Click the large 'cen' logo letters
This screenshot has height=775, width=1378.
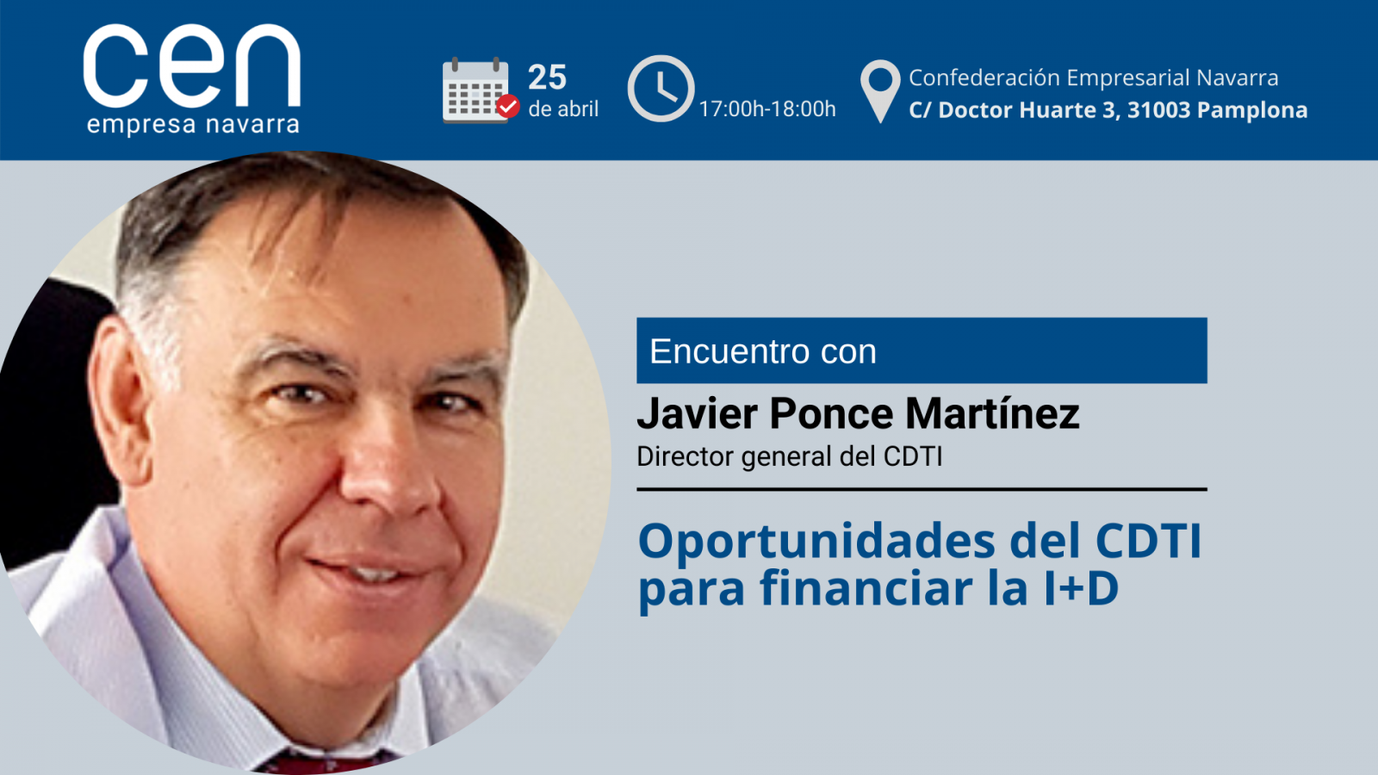[192, 65]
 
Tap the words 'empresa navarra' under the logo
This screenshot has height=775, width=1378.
[193, 124]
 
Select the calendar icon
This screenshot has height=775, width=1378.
[475, 90]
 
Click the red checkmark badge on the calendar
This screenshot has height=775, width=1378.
[508, 106]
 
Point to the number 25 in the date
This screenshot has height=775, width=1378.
[547, 77]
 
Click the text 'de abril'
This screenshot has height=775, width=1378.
[563, 108]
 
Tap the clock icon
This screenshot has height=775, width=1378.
[661, 89]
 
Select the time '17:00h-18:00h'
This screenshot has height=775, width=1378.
[767, 109]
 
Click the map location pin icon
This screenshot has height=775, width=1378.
[880, 91]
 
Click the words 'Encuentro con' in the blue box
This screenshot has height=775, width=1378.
[763, 351]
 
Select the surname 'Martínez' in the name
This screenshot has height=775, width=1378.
[992, 412]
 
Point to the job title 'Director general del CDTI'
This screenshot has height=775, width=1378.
[789, 457]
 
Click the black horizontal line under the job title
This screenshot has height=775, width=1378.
[922, 490]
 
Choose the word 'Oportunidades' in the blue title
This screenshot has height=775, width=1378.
[816, 542]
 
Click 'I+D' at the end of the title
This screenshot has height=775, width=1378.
[1081, 588]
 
